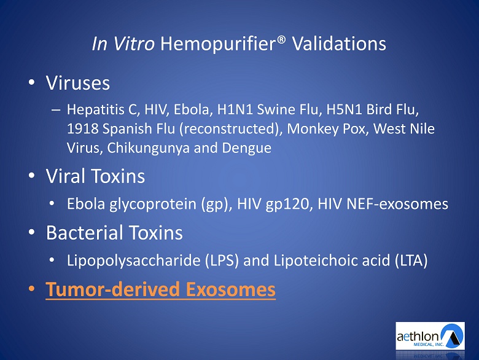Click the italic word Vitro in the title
(134, 44)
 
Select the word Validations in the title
(339, 44)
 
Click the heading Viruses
(77, 83)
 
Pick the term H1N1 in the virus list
(235, 110)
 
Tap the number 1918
(82, 129)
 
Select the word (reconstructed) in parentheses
(231, 129)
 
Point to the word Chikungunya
(148, 149)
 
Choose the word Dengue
(246, 149)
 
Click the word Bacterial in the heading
(84, 233)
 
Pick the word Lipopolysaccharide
(133, 260)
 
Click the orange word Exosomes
(231, 289)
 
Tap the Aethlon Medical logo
(430, 336)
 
